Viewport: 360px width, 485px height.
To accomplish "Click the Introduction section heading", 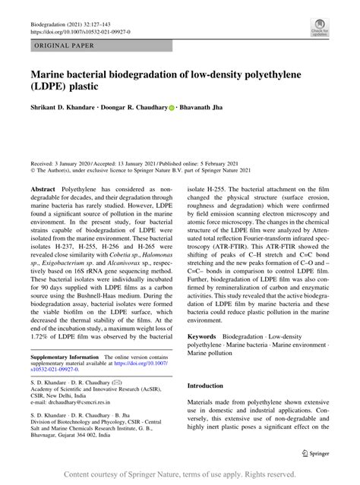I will pyautogui.click(x=210, y=385).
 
